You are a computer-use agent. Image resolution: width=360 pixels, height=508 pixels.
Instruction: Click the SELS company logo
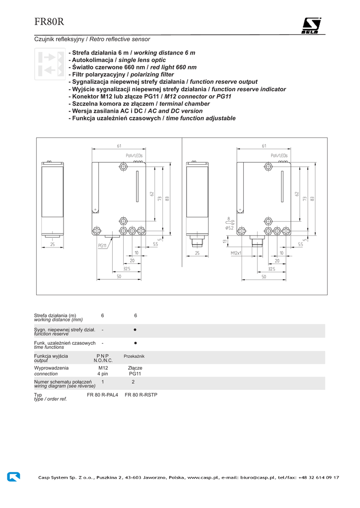[x=311, y=26]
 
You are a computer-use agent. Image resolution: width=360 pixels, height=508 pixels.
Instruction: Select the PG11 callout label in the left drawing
[x=102, y=245]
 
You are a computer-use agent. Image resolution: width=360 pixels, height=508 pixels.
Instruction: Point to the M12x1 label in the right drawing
[x=235, y=253]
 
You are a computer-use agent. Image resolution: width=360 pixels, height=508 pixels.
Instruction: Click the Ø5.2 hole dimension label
[x=229, y=228]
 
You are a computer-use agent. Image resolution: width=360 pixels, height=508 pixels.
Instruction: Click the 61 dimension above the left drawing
[x=119, y=145]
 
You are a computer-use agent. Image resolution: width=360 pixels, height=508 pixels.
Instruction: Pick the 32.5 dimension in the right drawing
[x=271, y=268]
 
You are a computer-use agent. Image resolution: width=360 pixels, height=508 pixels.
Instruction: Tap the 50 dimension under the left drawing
[x=119, y=276]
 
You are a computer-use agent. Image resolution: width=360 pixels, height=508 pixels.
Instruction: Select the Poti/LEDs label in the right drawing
[x=279, y=155]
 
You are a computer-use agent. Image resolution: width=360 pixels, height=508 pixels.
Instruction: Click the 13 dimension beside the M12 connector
[x=224, y=242]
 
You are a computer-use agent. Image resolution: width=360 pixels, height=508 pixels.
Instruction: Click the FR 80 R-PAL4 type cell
[x=102, y=395]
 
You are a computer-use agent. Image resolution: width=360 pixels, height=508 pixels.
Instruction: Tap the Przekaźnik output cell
[x=134, y=356]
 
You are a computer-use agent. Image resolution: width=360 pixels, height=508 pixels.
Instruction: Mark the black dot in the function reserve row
[x=135, y=329]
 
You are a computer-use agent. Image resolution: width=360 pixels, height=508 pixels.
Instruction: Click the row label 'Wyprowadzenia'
[x=51, y=368]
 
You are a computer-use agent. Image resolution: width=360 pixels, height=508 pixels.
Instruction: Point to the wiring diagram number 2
[x=133, y=382]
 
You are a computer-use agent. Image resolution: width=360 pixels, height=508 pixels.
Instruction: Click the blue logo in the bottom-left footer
[x=13, y=477]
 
